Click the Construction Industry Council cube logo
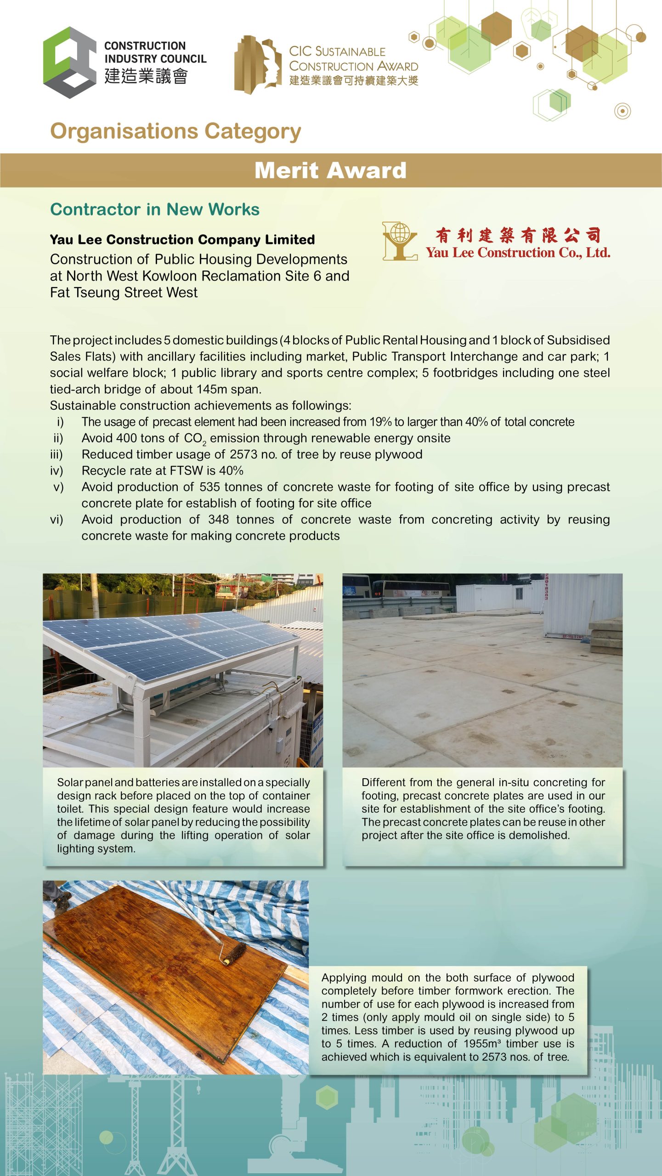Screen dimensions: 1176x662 tap(69, 62)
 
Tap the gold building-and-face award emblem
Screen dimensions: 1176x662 tap(258, 65)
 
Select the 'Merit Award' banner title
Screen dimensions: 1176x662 tap(330, 170)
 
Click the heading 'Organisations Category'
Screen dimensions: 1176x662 tap(175, 131)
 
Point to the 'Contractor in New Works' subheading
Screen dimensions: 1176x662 tap(155, 209)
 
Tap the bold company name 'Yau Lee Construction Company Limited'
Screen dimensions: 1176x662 tap(182, 239)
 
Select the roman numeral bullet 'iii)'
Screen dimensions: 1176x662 tap(57, 454)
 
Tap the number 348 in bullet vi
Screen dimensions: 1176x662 tap(218, 520)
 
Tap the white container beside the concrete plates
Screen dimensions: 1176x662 tap(581, 606)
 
